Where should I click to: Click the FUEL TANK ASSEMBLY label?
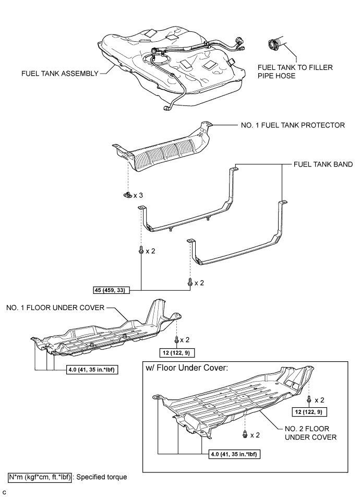tap(59, 74)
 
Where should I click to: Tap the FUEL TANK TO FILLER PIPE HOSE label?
tap(295, 72)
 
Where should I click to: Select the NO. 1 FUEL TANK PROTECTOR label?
tap(293, 125)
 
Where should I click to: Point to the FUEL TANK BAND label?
tap(321, 164)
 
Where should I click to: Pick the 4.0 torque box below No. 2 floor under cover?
tap(236, 453)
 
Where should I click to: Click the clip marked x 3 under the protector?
tap(126, 195)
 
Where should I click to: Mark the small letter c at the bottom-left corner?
tap(5, 492)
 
